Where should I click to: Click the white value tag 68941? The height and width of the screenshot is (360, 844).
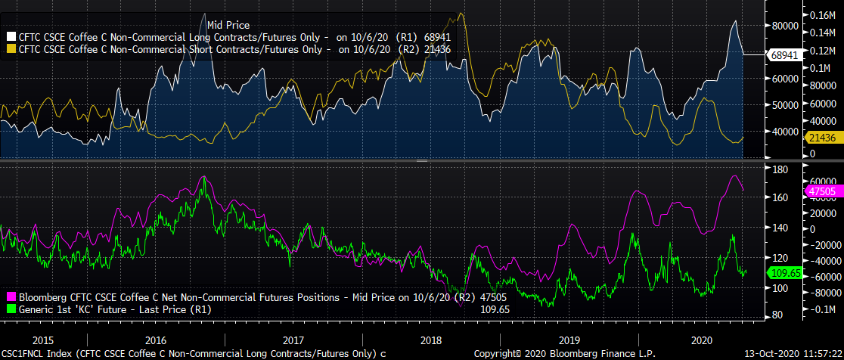point(783,54)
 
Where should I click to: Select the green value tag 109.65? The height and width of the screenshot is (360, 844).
point(783,272)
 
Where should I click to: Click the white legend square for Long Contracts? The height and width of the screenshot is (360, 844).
point(10,36)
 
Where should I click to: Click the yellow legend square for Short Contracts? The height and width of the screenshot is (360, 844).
point(10,49)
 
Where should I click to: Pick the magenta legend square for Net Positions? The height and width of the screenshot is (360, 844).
point(10,298)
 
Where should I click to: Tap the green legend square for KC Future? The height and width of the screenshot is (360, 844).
point(10,309)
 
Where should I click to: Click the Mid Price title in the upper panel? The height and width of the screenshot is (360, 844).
point(228,26)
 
